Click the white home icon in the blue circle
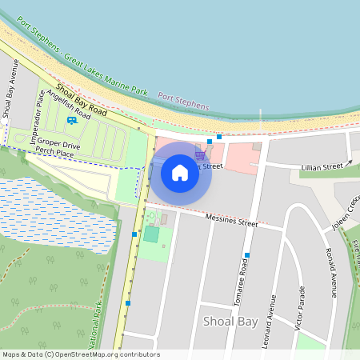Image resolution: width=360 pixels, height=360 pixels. pyautogui.click(x=180, y=172)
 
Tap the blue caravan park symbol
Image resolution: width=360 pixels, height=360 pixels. pyautogui.click(x=72, y=120)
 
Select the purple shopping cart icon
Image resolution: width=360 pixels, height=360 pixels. pyautogui.click(x=199, y=154)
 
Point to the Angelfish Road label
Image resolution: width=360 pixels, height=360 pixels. pyautogui.click(x=68, y=105)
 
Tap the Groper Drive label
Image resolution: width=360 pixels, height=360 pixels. pyautogui.click(x=58, y=146)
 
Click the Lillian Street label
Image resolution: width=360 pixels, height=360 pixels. pyautogui.click(x=322, y=167)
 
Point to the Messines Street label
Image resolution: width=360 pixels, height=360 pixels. pyautogui.click(x=231, y=221)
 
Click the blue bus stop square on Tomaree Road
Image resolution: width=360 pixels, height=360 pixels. pyautogui.click(x=247, y=255)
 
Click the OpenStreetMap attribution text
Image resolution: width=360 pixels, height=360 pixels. pyautogui.click(x=81, y=354)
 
